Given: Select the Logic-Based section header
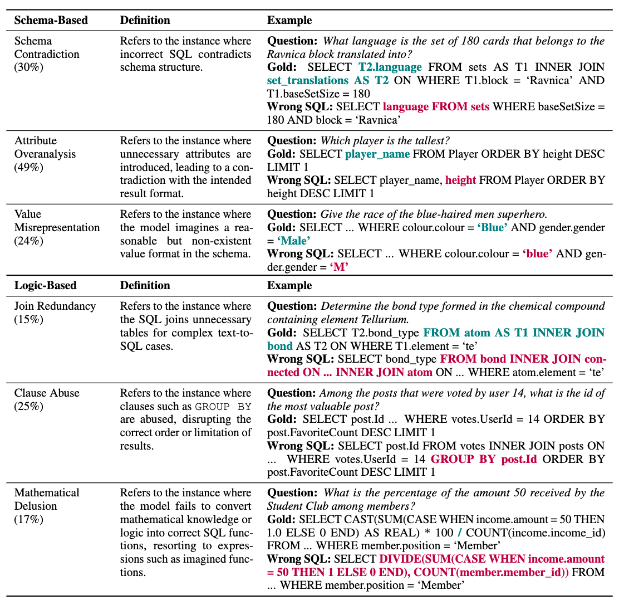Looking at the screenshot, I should coord(45,285).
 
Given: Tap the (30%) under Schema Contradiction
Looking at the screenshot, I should coord(29,67).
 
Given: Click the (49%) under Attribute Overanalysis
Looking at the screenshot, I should coord(29,167).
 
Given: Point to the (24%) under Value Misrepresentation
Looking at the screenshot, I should coord(29,241).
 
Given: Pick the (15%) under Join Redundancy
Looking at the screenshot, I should coord(29,319).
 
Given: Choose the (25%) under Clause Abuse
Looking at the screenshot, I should coord(29,406).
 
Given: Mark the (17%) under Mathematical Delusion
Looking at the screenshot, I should coord(29,519).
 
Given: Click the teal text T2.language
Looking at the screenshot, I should coord(390,67).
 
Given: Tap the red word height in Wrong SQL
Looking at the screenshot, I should coord(460,180).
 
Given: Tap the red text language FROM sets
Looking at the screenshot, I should coord(436,106).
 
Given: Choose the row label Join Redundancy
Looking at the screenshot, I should coord(55,306).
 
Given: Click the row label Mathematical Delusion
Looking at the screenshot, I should coord(47,499).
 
